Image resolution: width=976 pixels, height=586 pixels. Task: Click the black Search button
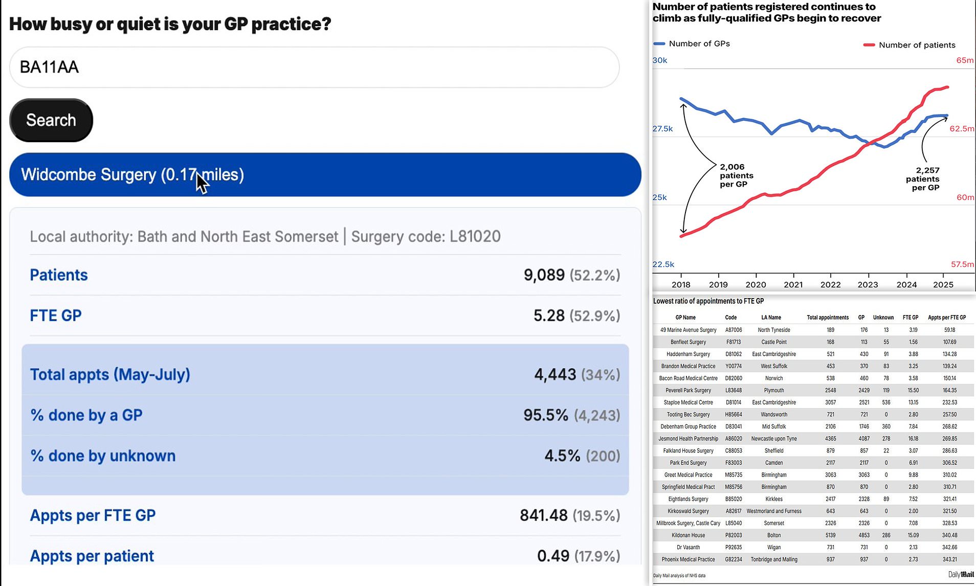51,120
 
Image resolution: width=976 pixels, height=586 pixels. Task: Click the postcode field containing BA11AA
314,67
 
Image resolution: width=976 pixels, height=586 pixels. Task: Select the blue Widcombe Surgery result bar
325,174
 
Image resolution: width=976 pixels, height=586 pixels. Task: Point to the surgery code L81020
475,236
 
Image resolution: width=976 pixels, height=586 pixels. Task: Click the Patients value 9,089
544,275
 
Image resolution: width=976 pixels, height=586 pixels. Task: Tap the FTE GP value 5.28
549,315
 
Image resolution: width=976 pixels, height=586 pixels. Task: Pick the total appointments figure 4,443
555,375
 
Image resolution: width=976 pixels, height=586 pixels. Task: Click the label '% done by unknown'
103,456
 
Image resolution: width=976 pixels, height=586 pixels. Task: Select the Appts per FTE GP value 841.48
543,515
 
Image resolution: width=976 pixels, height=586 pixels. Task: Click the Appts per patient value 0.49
552,556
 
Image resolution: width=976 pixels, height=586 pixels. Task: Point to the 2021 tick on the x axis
793,284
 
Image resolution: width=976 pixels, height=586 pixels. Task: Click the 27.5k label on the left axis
662,129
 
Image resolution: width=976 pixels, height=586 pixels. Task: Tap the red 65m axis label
965,60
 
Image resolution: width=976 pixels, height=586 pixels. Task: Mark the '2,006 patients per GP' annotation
736,175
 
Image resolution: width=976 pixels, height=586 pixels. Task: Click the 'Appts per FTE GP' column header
947,318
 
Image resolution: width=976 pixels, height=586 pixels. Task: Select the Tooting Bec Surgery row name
688,415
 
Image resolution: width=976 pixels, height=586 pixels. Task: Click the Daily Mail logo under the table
961,575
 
